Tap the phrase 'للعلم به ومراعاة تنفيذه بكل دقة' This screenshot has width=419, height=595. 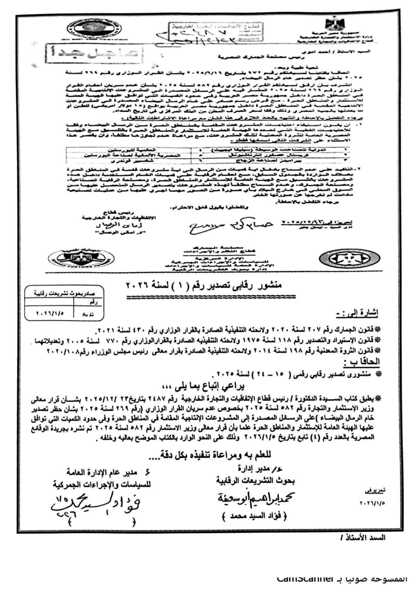tap(210, 453)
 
